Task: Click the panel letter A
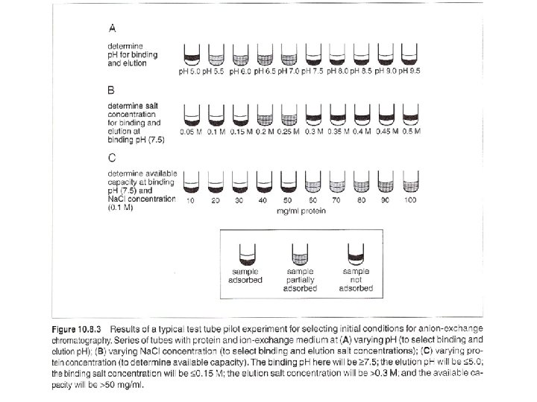(112, 29)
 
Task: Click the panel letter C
(112, 158)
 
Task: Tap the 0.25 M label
(288, 131)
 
